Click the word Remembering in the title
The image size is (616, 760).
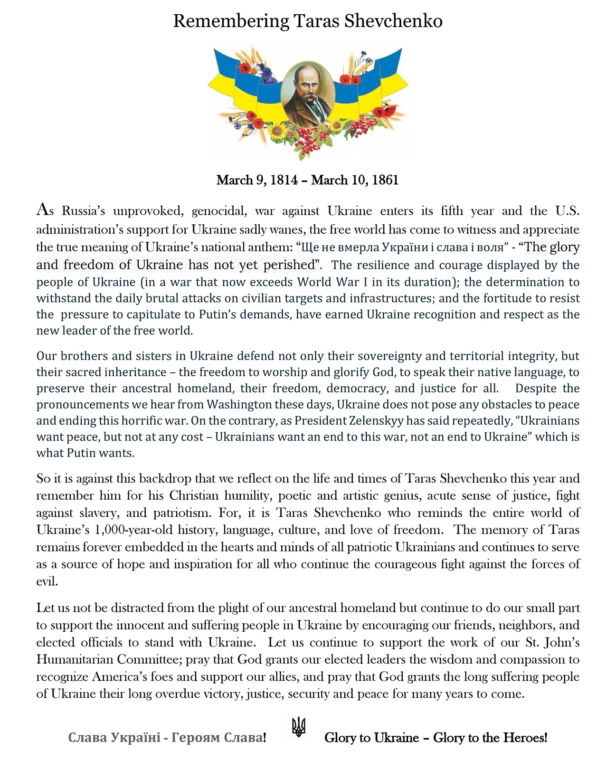[x=231, y=21]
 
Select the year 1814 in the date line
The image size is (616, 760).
[x=284, y=180]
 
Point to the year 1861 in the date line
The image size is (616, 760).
[x=385, y=180]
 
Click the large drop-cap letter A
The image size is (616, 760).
[x=42, y=209]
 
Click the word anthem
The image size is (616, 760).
[x=275, y=247]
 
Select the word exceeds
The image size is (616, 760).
[x=272, y=282]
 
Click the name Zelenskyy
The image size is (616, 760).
[x=376, y=421]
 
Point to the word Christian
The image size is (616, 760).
[x=194, y=496]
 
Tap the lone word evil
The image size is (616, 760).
[x=47, y=581]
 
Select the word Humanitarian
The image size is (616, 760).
[x=74, y=660]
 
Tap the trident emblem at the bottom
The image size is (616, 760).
[x=298, y=727]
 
